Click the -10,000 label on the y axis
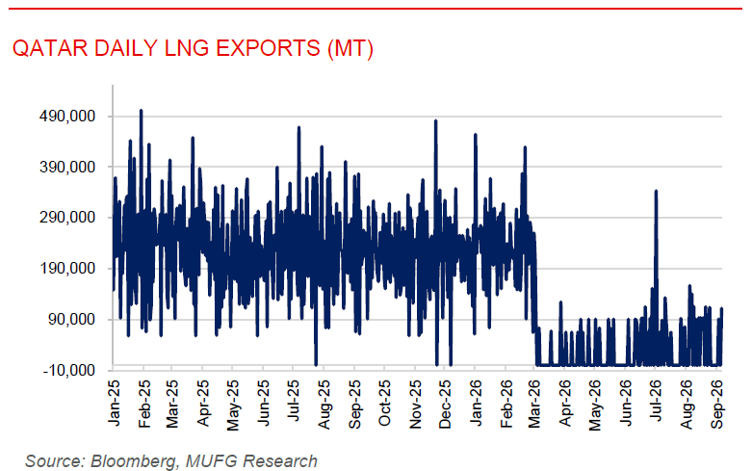click(x=69, y=370)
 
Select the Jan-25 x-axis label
click(x=115, y=403)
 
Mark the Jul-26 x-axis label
click(x=656, y=401)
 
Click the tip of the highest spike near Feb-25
click(x=141, y=111)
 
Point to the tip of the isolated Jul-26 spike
click(x=656, y=191)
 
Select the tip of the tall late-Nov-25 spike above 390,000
click(x=435, y=120)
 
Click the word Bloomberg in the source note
click(x=133, y=461)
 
